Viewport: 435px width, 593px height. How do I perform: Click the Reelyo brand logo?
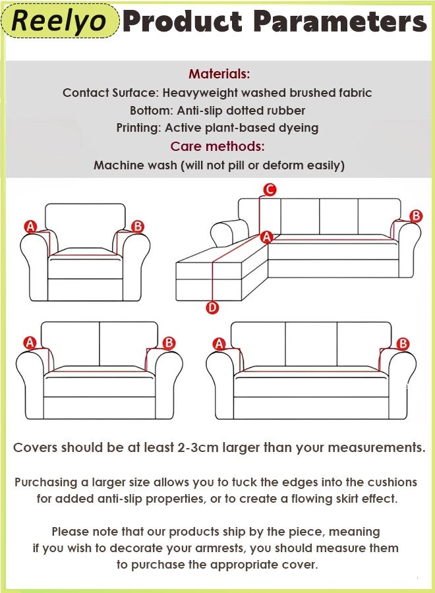(59, 21)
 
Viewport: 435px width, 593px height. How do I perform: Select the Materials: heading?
(219, 74)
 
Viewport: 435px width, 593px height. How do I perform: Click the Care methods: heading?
(217, 146)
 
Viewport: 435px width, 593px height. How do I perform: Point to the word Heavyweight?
(201, 93)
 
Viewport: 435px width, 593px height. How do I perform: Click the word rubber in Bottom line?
(287, 111)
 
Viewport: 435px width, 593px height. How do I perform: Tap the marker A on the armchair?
(30, 227)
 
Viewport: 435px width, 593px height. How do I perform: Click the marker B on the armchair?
(138, 227)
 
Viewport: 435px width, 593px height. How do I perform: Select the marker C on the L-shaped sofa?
(269, 190)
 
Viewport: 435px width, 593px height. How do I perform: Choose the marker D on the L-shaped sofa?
(212, 307)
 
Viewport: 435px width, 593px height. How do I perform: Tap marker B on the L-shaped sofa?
(416, 216)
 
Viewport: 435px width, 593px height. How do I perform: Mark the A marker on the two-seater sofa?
(30, 343)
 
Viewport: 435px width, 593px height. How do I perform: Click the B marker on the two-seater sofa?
(169, 343)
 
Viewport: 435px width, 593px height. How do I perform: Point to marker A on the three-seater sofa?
(219, 344)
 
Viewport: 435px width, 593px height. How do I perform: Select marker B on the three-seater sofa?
(403, 344)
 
